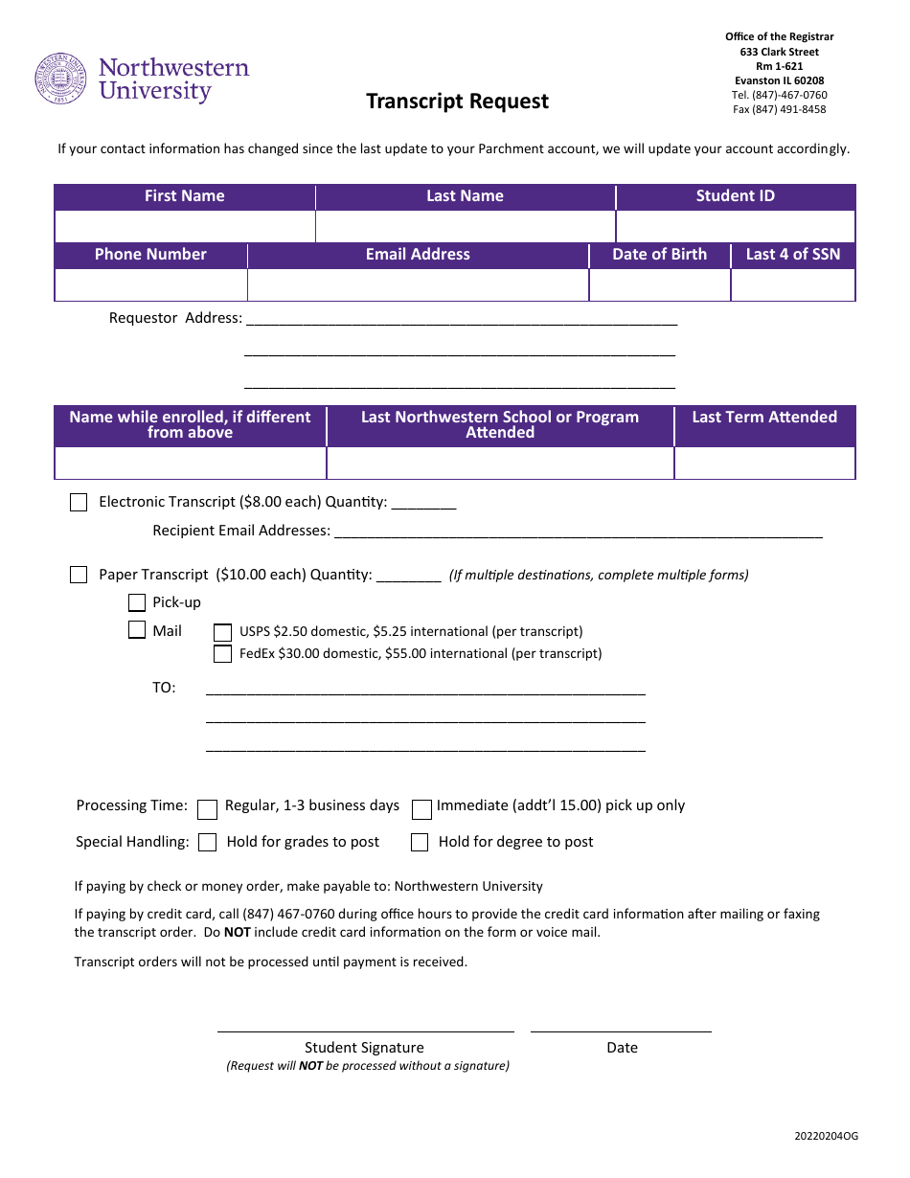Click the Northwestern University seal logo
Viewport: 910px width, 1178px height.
pos(61,79)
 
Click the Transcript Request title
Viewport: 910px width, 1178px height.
pos(457,102)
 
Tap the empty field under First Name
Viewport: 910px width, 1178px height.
pos(185,227)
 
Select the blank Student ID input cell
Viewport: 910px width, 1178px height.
pos(735,227)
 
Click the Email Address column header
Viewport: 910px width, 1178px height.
pos(418,255)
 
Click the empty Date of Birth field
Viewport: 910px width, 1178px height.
pos(659,285)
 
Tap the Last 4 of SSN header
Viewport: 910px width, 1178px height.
pos(792,255)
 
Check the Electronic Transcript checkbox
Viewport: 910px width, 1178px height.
pos(79,503)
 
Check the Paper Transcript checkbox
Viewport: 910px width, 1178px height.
pos(79,576)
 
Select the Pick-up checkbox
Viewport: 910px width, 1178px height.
pos(137,603)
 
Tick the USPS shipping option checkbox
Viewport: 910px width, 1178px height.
pos(222,632)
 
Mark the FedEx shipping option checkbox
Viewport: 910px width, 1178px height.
pos(222,654)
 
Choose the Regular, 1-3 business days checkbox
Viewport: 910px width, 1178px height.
pos(207,810)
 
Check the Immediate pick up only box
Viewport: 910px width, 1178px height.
pos(421,810)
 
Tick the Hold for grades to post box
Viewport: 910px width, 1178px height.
pos(207,843)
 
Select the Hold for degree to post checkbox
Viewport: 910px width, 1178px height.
pos(420,843)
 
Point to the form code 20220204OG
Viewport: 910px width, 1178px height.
pos(826,1136)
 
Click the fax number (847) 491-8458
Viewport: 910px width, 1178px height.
pos(779,109)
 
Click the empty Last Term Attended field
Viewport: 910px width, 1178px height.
pos(763,464)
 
